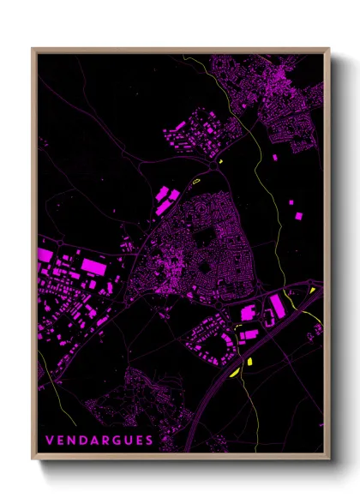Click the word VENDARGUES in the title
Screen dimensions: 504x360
point(99,441)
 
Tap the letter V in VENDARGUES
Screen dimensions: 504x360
point(49,441)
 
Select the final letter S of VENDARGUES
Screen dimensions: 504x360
point(150,441)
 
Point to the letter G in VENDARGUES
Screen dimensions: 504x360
point(116,441)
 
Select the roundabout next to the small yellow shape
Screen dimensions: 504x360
point(215,169)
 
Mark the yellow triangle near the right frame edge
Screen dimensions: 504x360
point(315,291)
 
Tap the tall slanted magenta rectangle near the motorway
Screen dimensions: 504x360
point(278,305)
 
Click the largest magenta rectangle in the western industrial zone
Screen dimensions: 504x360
point(93,268)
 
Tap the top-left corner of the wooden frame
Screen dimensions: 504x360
point(33,50)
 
